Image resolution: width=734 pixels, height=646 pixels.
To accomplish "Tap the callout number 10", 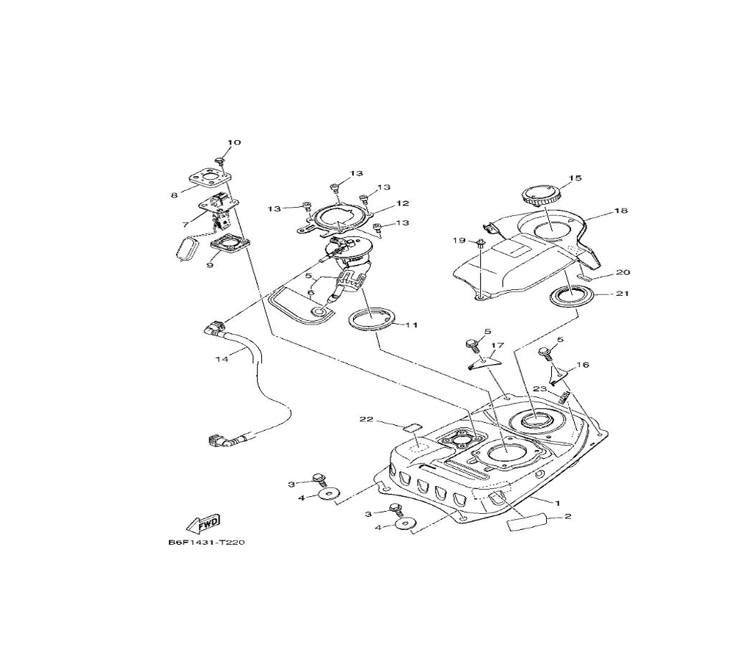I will pyautogui.click(x=233, y=142).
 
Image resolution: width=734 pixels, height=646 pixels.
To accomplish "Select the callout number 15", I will pyautogui.click(x=574, y=178).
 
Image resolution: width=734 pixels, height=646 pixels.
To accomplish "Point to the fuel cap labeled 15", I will pyautogui.click(x=541, y=196).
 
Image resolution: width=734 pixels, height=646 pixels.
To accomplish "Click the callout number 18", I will pyautogui.click(x=621, y=211).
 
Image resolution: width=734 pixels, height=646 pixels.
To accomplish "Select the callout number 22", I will pyautogui.click(x=367, y=420).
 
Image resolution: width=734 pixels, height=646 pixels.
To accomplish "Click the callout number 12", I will pyautogui.click(x=402, y=203).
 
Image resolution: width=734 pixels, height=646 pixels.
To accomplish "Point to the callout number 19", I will pyautogui.click(x=459, y=240).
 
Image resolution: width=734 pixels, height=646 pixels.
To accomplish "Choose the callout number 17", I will pyautogui.click(x=497, y=344).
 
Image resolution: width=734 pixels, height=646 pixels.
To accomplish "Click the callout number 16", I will pyautogui.click(x=583, y=364).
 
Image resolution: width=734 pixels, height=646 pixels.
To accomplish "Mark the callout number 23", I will pyautogui.click(x=539, y=389).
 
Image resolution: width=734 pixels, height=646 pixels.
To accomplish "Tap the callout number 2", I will pyautogui.click(x=567, y=516).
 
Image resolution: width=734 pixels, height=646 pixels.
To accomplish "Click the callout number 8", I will pyautogui.click(x=174, y=195).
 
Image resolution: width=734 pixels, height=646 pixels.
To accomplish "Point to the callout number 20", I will pyautogui.click(x=623, y=272).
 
